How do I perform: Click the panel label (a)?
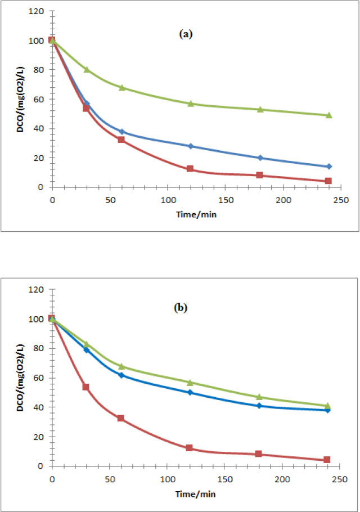(186, 34)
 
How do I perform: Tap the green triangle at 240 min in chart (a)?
(329, 115)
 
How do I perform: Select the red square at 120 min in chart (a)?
(190, 169)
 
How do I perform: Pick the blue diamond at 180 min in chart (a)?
(260, 158)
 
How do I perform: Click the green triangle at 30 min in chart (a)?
(87, 69)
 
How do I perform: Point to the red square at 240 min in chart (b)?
(327, 460)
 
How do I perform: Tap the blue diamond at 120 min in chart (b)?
(190, 392)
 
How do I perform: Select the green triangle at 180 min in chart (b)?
(259, 397)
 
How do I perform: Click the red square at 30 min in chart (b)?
(87, 387)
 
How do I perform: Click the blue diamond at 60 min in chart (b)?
(121, 375)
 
